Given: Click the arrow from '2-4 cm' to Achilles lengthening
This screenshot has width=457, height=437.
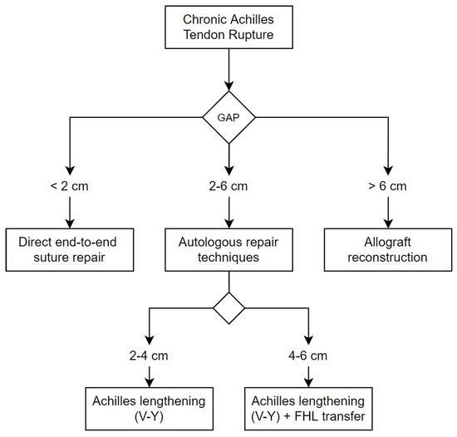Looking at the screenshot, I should point(147,376).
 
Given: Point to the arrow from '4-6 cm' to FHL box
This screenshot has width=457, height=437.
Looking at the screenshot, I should point(307,376).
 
